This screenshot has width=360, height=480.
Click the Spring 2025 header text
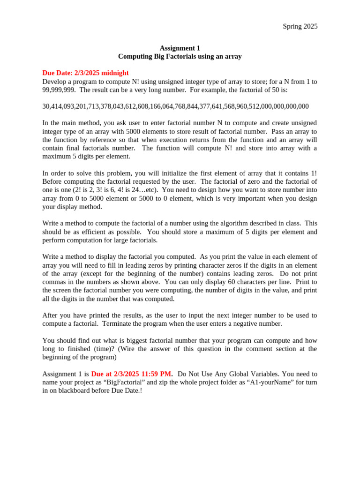300,27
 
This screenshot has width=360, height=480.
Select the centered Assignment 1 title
180,48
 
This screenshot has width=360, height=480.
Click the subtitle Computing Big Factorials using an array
180,57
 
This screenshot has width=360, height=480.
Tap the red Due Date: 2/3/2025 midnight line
85,73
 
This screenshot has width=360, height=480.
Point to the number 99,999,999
59,90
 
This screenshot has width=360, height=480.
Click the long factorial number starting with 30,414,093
175,107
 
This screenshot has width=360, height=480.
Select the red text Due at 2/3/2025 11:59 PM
132,374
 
